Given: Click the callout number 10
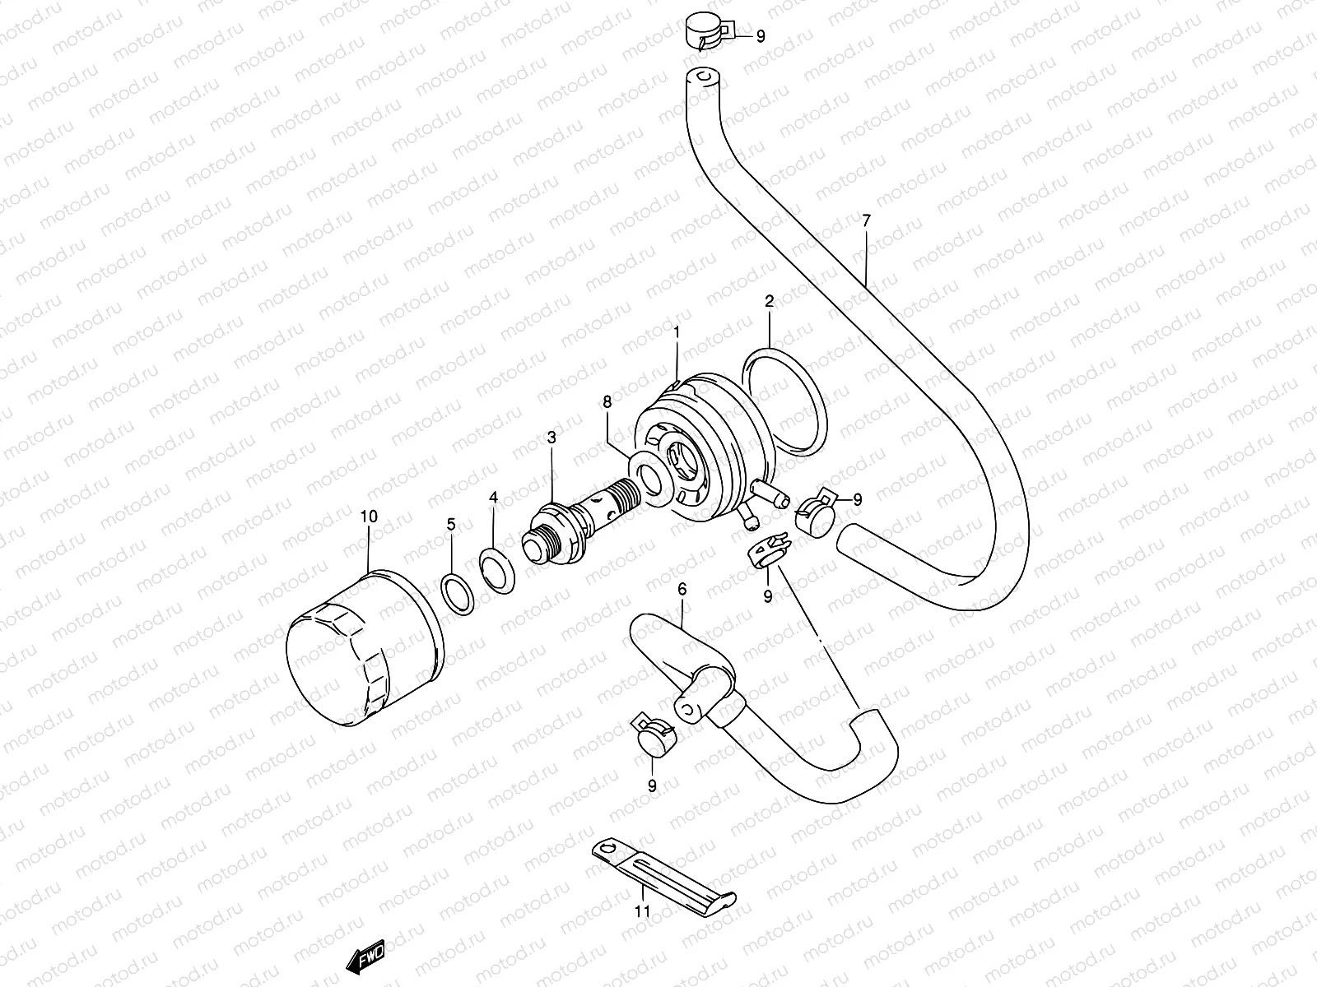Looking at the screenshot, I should pyautogui.click(x=369, y=517).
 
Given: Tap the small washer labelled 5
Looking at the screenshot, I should pyautogui.click(x=459, y=593).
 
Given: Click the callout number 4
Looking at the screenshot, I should pyautogui.click(x=493, y=498).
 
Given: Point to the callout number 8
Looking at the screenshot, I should pyautogui.click(x=607, y=402).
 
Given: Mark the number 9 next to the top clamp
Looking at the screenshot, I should pyautogui.click(x=760, y=36).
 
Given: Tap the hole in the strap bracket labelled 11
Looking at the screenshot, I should pyautogui.click(x=607, y=847).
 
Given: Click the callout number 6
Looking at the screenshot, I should pyautogui.click(x=682, y=589).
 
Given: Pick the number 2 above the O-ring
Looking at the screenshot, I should pyautogui.click(x=769, y=302).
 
